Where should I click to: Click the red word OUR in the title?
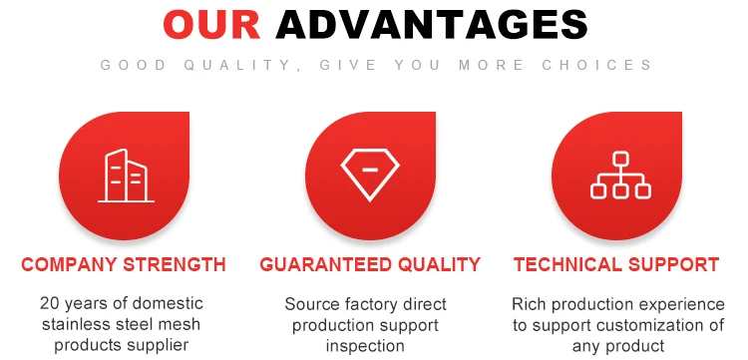tap(211, 25)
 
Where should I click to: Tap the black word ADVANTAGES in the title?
tap(432, 25)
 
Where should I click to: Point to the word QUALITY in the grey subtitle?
tap(238, 65)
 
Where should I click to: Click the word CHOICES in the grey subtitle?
tap(596, 65)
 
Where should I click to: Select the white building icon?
tap(126, 176)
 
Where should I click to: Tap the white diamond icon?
tap(370, 175)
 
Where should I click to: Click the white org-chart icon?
tap(620, 175)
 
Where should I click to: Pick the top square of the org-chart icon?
tap(620, 159)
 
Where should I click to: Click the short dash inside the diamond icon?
tap(370, 170)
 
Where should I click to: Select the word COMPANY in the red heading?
tap(70, 264)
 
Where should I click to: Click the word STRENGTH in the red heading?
tap(175, 264)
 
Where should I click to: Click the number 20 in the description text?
tap(49, 303)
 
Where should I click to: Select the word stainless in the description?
tap(77, 325)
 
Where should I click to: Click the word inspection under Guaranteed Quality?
tap(365, 346)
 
